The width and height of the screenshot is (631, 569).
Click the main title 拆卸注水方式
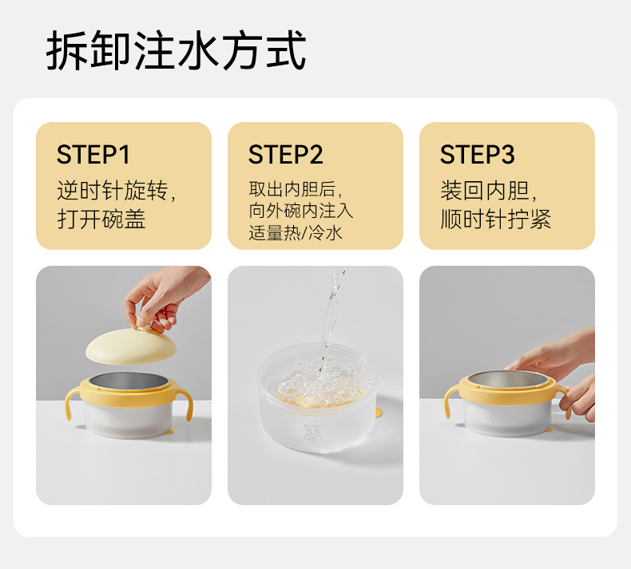tap(176, 50)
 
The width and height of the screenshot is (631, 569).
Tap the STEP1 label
tap(93, 154)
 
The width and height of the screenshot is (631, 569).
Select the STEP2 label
tap(285, 154)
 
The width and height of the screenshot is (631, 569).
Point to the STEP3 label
tap(477, 154)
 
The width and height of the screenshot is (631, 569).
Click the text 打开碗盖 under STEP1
tap(101, 219)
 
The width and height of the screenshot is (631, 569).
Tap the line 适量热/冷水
tap(296, 233)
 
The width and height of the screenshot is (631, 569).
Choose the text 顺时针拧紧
tap(496, 219)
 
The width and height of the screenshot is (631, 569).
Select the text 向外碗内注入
tap(301, 211)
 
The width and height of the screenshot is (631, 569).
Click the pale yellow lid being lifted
tap(131, 346)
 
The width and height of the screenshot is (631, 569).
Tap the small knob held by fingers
tap(144, 324)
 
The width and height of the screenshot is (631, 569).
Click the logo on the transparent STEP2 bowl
tap(309, 431)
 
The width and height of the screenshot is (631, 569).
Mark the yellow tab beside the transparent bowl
tap(379, 412)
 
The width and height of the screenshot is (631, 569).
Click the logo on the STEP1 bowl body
tap(106, 418)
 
